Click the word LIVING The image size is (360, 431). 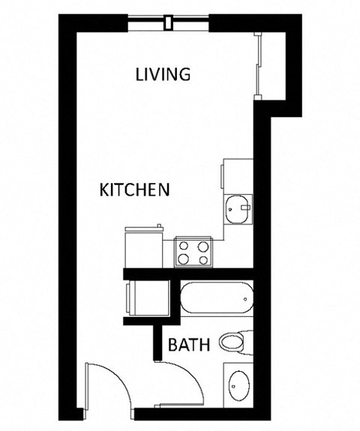tap(163, 74)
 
